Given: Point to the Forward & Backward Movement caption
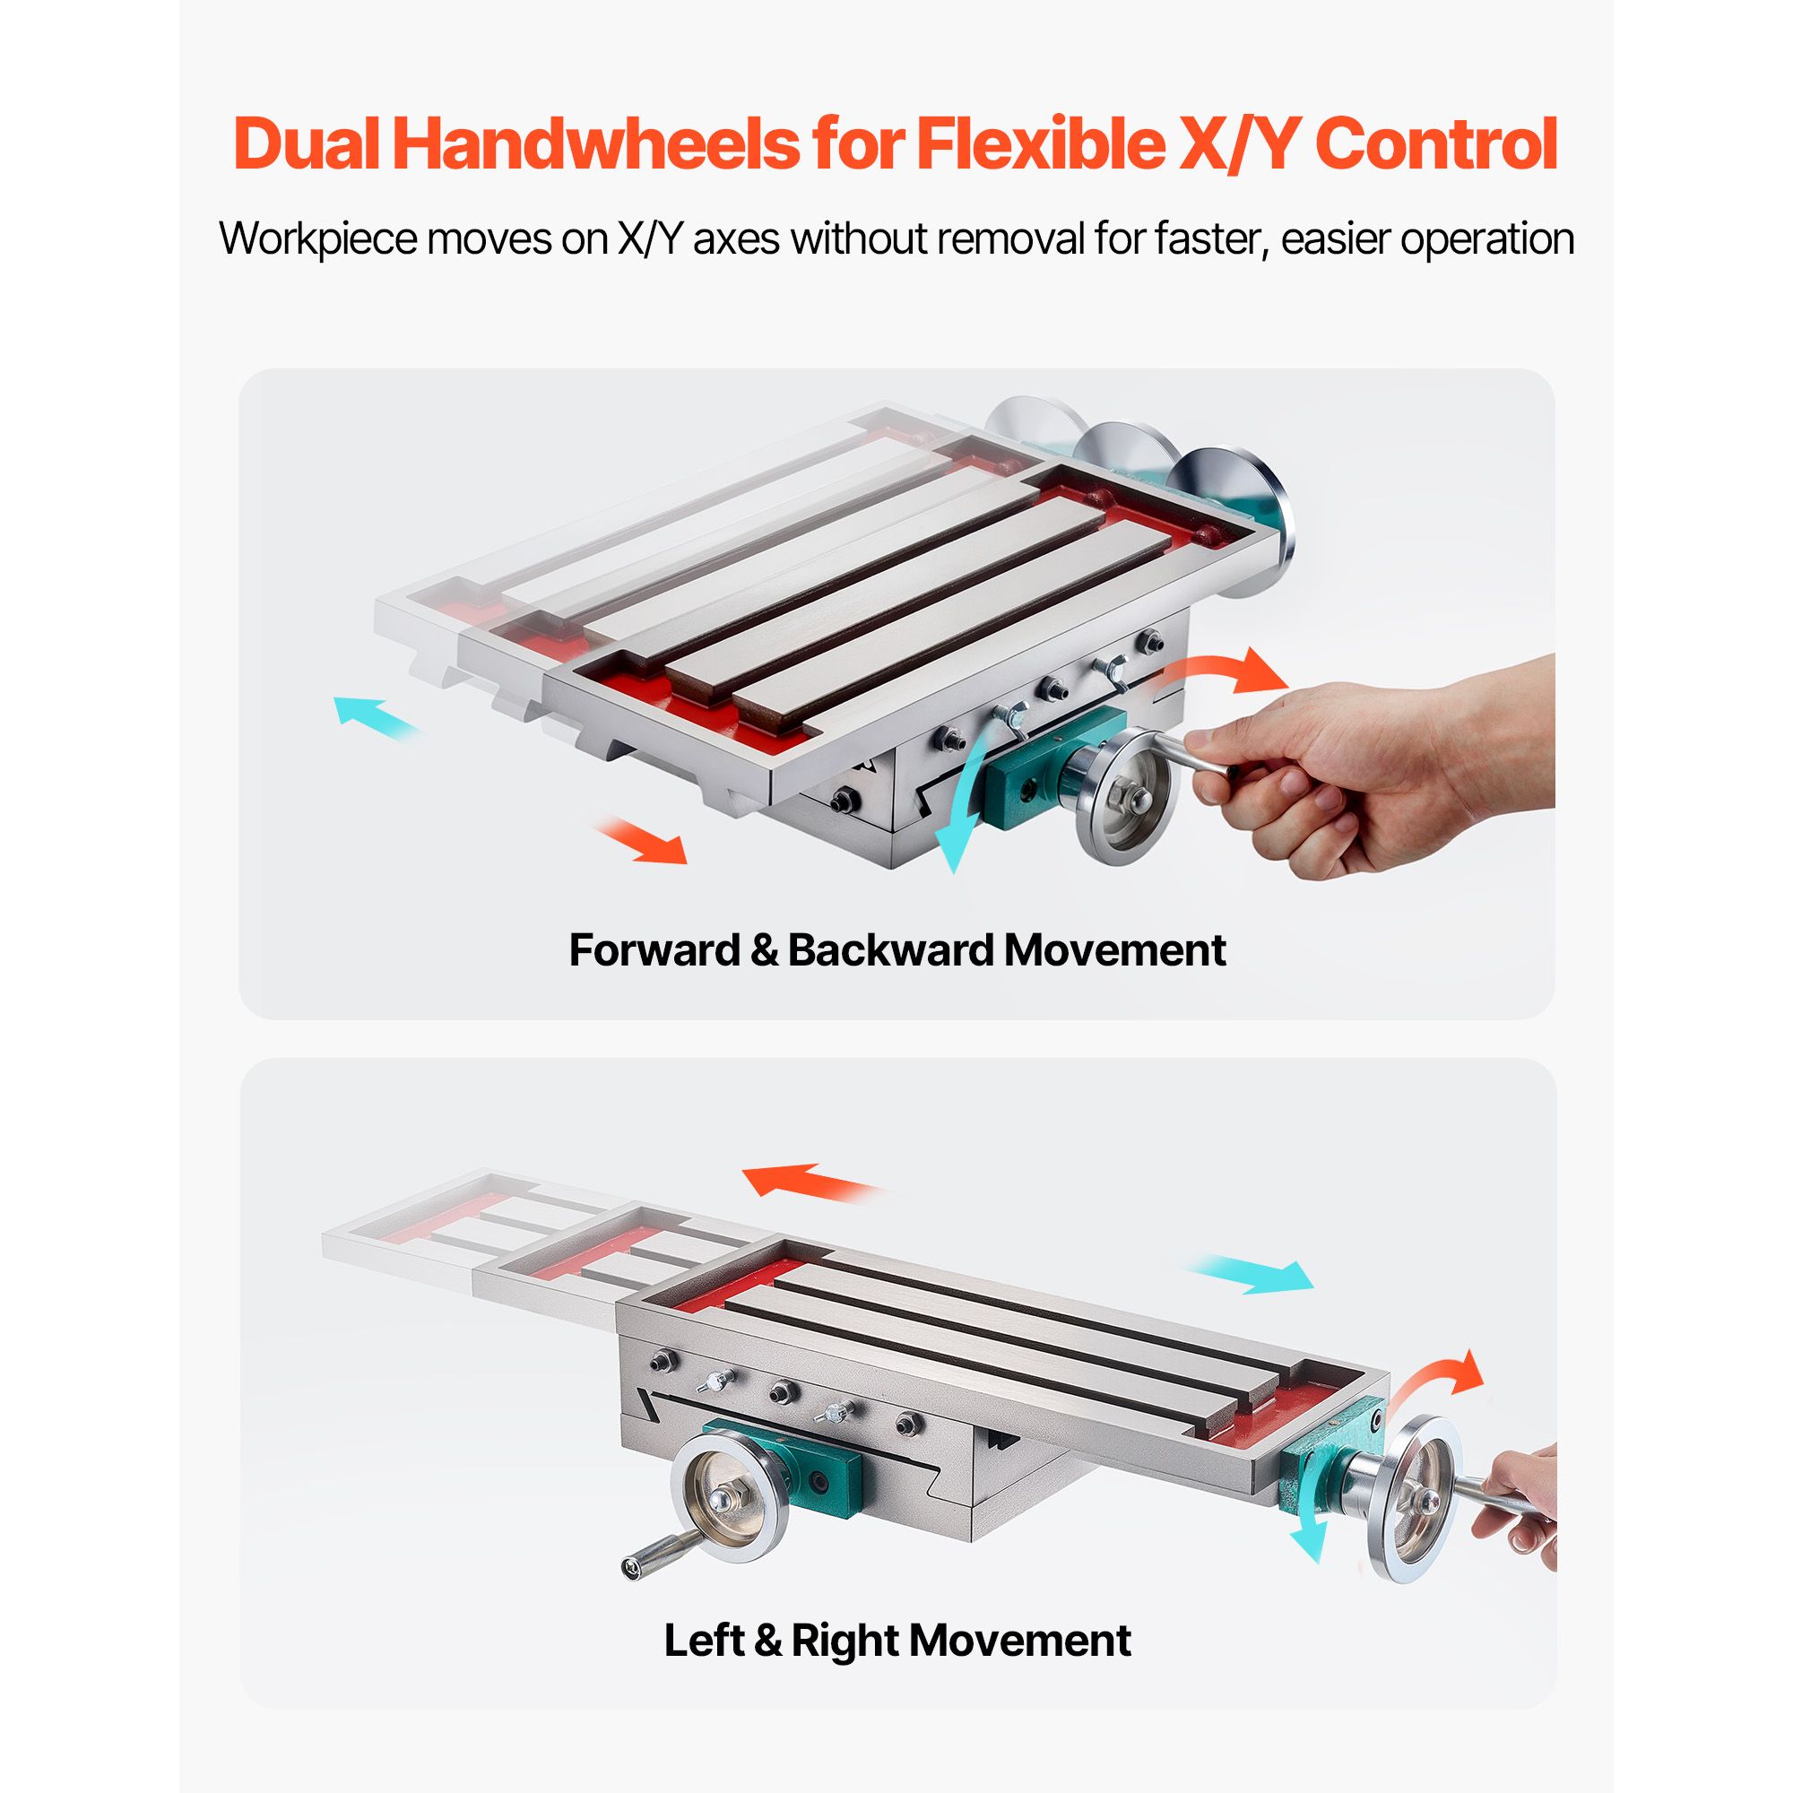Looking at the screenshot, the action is point(896,949).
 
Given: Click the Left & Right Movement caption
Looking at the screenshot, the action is point(896,1640).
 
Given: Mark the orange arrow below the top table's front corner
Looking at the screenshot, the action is point(640,842).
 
